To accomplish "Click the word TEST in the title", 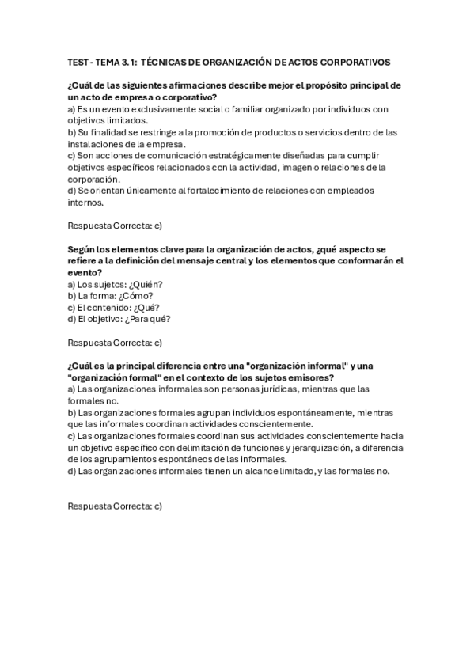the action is [x=78, y=62].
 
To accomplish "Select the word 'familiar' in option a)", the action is [x=242, y=108].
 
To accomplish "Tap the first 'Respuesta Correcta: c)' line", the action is [x=115, y=226].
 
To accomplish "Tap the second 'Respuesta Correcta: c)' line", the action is [x=115, y=343].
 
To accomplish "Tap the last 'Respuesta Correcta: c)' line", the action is [x=115, y=506].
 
